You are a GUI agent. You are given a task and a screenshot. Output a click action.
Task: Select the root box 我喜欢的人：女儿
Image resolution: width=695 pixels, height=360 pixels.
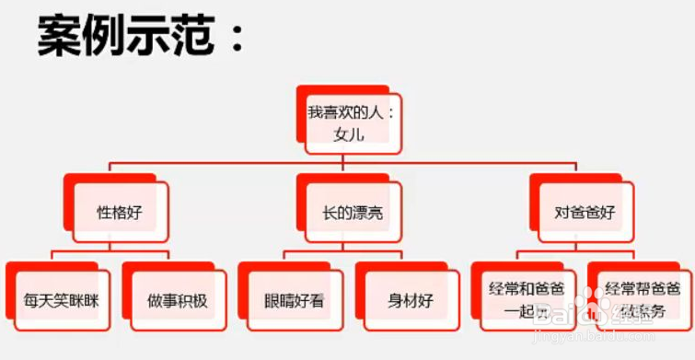click(x=351, y=123)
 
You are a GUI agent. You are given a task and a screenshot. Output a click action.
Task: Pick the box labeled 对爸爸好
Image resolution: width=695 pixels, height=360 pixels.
click(x=585, y=212)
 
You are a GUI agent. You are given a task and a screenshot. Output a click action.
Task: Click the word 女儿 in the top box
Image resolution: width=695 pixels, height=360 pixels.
click(x=351, y=134)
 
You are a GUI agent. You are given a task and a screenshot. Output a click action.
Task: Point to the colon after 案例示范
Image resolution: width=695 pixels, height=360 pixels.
click(x=237, y=42)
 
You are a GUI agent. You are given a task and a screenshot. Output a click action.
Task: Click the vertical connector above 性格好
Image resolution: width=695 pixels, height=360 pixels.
click(x=110, y=169)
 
